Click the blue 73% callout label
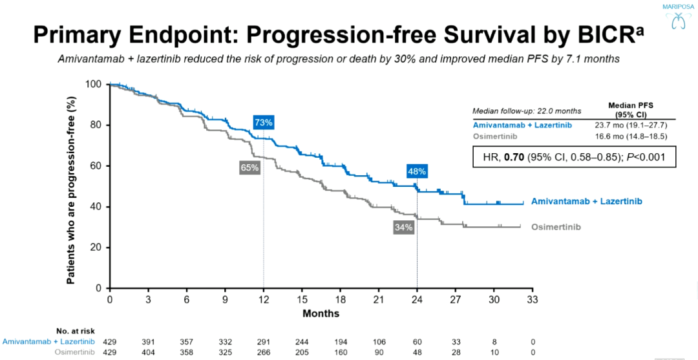tap(264, 123)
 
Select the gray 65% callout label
tap(250, 167)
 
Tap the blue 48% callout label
tap(417, 172)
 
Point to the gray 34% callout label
tap(404, 227)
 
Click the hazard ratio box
tap(574, 156)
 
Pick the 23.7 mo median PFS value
tap(631, 125)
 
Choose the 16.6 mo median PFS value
tap(631, 136)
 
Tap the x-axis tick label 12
tap(263, 300)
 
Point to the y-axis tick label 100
tap(94, 85)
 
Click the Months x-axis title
tap(321, 313)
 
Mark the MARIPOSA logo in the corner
tap(677, 17)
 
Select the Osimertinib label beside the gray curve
tap(556, 227)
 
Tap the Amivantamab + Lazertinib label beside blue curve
tap(587, 202)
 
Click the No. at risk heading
tap(76, 330)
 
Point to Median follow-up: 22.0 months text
tap(527, 111)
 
